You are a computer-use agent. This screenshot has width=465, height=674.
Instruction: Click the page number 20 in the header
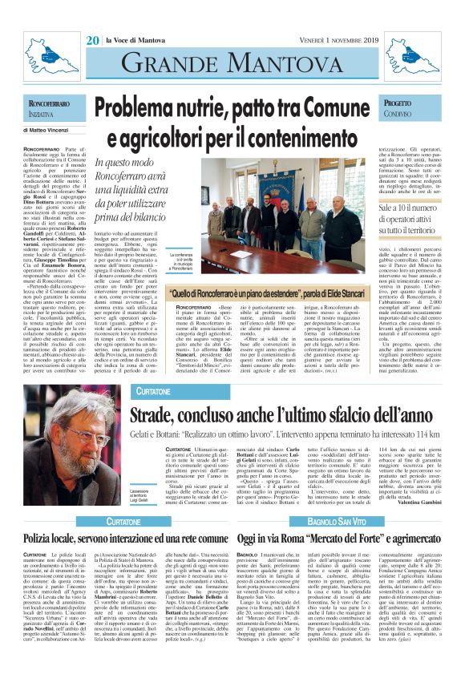[x=92, y=39]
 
